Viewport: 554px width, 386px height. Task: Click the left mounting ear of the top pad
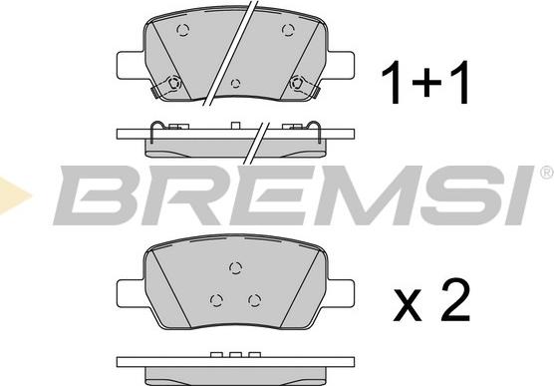131,66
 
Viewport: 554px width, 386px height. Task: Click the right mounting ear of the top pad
341,66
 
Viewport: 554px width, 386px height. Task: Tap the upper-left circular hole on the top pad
183,30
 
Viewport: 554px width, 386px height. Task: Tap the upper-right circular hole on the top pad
288,30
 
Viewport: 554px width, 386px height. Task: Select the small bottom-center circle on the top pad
235,84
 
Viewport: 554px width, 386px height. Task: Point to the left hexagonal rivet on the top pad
173,83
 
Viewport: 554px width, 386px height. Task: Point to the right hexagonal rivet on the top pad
297,83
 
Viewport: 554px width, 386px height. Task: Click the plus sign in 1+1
426,83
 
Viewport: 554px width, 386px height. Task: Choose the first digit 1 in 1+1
392,82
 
